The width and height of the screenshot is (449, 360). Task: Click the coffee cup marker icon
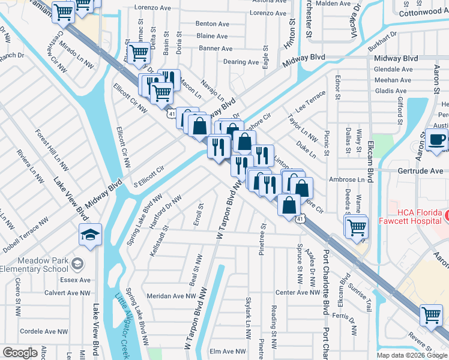pos(436,140)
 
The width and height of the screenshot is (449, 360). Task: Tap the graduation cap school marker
pos(90,235)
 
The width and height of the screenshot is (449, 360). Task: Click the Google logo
pos(20,353)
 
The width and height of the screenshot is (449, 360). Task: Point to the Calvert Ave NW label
pos(66,293)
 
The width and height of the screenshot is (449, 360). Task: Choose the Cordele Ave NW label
pos(46,331)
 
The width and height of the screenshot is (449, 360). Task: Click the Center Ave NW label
pos(296,292)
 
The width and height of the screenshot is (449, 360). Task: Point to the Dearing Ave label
pos(243,62)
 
